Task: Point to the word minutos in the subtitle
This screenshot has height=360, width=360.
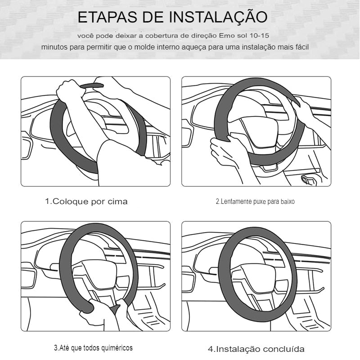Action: (54, 47)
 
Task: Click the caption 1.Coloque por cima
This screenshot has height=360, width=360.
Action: (86, 202)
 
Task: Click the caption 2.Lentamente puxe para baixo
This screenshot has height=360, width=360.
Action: (255, 202)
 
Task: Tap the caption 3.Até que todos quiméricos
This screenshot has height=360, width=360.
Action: (94, 348)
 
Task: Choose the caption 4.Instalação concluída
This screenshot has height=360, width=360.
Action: (256, 349)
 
